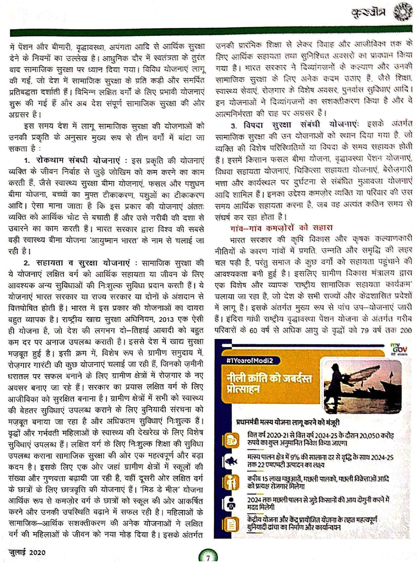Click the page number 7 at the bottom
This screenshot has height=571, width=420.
pos(207,558)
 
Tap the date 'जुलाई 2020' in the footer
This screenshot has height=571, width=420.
pos(27,552)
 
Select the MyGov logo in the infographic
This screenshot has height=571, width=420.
pos(398,349)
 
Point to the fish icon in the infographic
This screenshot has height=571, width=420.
pos(231,461)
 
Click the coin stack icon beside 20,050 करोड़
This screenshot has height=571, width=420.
pos(231,439)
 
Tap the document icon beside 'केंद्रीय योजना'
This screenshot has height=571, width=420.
pos(231,525)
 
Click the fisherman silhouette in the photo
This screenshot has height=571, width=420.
pos(336,383)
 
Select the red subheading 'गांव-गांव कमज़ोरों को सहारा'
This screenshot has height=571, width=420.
pos(281,227)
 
